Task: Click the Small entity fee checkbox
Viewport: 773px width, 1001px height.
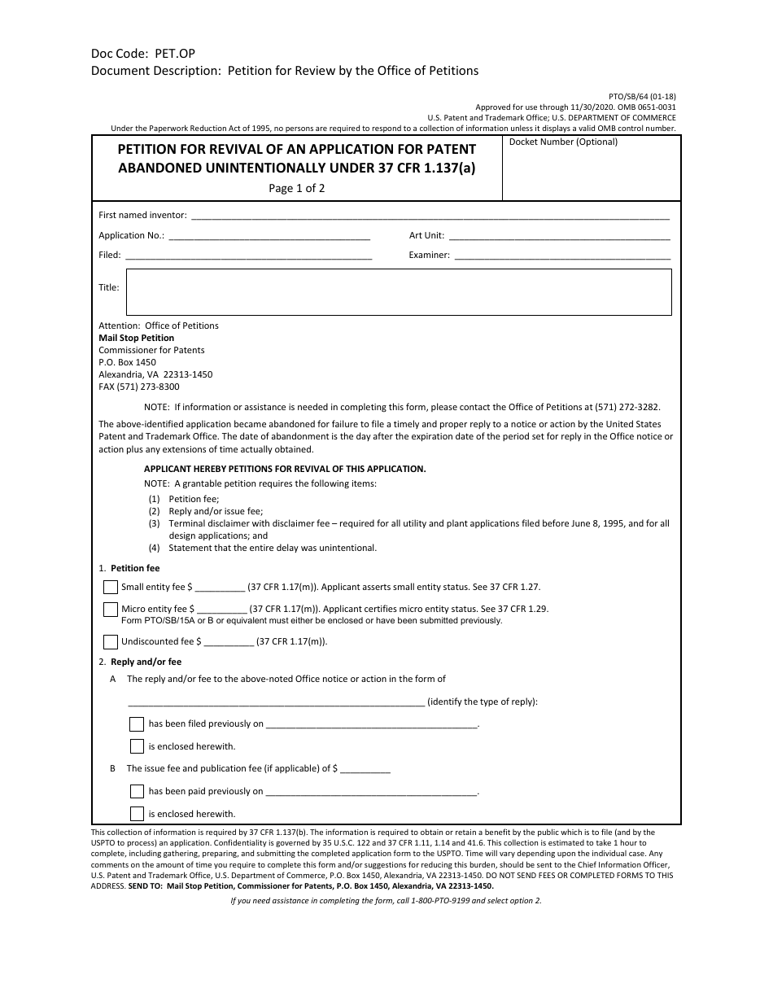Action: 111,587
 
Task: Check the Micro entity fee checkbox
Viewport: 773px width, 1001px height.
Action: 111,609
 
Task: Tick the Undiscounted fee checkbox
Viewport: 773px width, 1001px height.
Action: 111,641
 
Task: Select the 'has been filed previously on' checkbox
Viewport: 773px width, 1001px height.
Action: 137,723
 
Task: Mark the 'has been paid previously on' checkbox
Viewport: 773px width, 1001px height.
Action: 137,791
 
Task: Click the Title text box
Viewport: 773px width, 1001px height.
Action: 398,292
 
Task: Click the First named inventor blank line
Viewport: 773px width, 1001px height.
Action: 429,216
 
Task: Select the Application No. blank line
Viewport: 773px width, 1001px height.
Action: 269,236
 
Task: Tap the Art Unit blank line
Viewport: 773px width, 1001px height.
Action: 559,236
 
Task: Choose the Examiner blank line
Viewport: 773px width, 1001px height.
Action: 561,256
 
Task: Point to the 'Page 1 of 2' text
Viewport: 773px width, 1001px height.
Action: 297,188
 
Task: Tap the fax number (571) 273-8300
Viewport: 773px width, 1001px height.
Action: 139,387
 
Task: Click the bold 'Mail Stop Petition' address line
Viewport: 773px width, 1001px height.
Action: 136,338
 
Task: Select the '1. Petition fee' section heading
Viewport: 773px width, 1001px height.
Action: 129,568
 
